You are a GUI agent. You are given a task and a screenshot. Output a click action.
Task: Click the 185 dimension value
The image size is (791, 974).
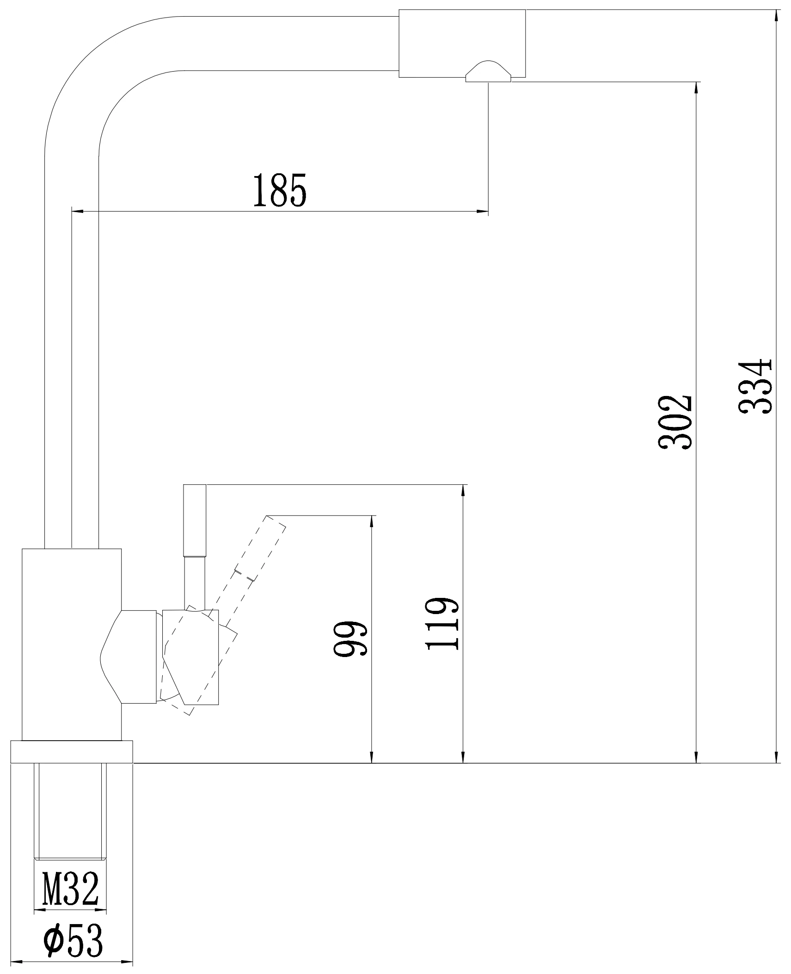pyautogui.click(x=280, y=190)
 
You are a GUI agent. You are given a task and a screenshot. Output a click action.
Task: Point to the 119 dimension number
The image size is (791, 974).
pyautogui.click(x=442, y=624)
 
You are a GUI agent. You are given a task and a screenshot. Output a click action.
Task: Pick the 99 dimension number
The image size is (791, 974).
pyautogui.click(x=350, y=638)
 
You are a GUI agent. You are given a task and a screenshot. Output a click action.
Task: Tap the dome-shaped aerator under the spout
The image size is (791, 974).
pyautogui.click(x=488, y=72)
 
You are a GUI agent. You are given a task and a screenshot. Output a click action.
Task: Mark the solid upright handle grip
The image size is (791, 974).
pyautogui.click(x=195, y=521)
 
